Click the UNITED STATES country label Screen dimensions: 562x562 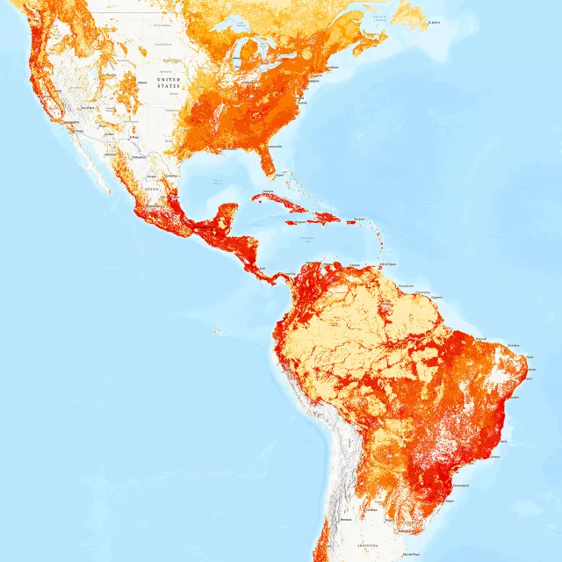tap(169, 83)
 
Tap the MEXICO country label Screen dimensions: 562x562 tap(151, 187)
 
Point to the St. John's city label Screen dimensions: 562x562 tap(432, 22)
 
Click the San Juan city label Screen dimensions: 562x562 tap(358, 219)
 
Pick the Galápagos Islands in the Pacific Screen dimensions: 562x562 tap(216, 331)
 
